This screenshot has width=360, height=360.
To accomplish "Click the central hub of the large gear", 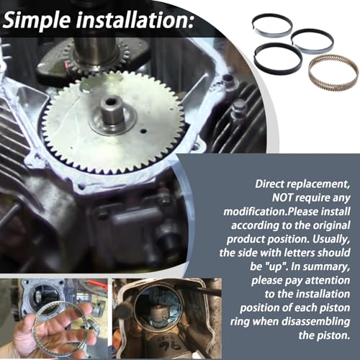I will point(112,110).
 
